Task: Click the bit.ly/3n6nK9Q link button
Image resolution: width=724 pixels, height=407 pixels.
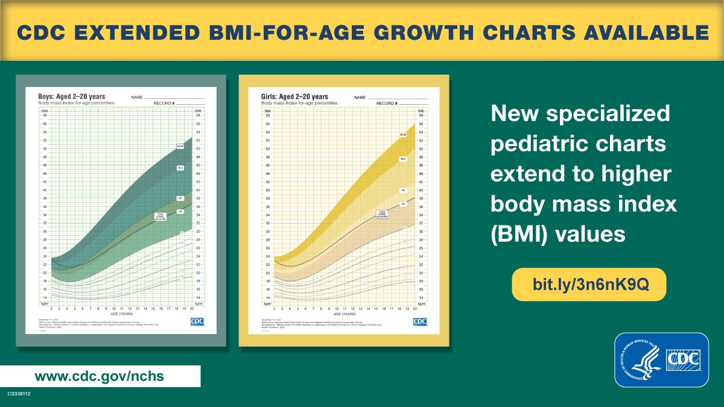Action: [589, 284]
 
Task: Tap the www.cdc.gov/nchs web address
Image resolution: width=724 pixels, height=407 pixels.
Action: [100, 376]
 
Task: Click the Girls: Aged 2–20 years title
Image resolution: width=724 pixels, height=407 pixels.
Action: [294, 96]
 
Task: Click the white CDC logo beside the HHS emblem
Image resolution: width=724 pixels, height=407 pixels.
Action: [684, 360]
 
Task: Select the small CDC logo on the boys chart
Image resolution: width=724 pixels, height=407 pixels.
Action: [197, 321]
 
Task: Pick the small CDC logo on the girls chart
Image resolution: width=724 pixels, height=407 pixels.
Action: [420, 321]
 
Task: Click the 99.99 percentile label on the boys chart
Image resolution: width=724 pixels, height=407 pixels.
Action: [180, 147]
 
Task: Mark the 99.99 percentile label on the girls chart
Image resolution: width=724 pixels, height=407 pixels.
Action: [404, 134]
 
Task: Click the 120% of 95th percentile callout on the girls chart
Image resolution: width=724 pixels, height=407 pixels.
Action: [381, 213]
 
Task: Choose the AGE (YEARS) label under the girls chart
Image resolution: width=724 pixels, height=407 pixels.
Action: [345, 314]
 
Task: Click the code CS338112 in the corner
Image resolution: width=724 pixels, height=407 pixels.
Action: [19, 394]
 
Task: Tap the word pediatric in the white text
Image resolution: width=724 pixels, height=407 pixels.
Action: [544, 145]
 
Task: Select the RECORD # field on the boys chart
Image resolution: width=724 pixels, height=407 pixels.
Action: [164, 103]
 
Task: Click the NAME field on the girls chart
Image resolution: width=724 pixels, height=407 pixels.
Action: [360, 97]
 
